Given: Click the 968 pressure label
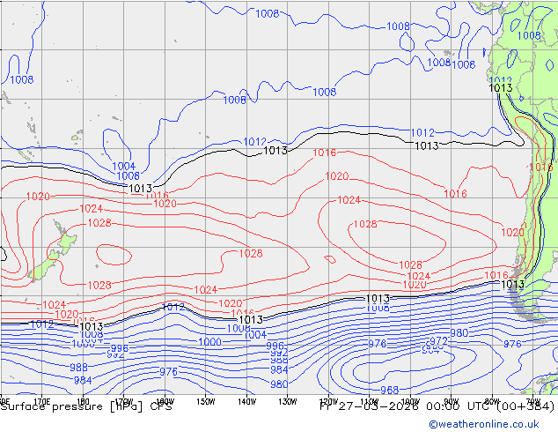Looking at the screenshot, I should [389, 390].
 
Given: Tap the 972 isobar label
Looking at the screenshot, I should [437, 340].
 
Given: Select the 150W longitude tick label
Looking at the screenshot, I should [206, 401].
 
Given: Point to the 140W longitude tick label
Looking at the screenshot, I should [246, 401].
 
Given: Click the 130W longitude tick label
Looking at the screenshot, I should [288, 401].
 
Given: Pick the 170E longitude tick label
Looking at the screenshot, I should [41, 401].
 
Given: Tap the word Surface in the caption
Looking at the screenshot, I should [21, 406].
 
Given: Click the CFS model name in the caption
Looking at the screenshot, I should [161, 406].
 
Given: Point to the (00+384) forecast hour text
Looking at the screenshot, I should [526, 406].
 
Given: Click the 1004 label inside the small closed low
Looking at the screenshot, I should [123, 166].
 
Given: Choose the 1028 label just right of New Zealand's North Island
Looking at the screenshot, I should [99, 223].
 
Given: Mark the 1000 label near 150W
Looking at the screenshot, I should [209, 342].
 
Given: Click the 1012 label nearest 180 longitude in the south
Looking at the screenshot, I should [173, 307].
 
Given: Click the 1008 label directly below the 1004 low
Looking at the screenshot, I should [128, 176].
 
